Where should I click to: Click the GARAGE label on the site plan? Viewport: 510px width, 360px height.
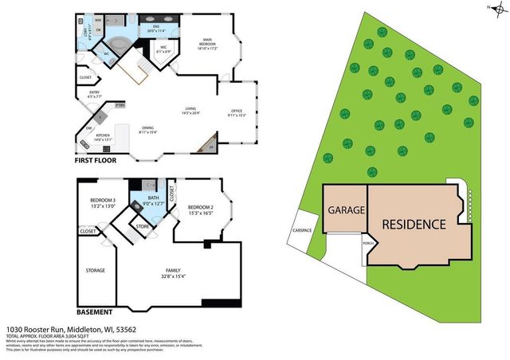[346, 211]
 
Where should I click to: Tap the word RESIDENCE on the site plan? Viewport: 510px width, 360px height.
[414, 224]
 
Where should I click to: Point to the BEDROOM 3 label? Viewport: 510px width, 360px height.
[103, 201]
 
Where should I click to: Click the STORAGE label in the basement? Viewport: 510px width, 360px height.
[96, 271]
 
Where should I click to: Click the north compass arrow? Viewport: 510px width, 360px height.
[492, 8]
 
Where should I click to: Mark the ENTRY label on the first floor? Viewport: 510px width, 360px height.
[94, 93]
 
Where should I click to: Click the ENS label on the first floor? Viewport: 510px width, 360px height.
[156, 25]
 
